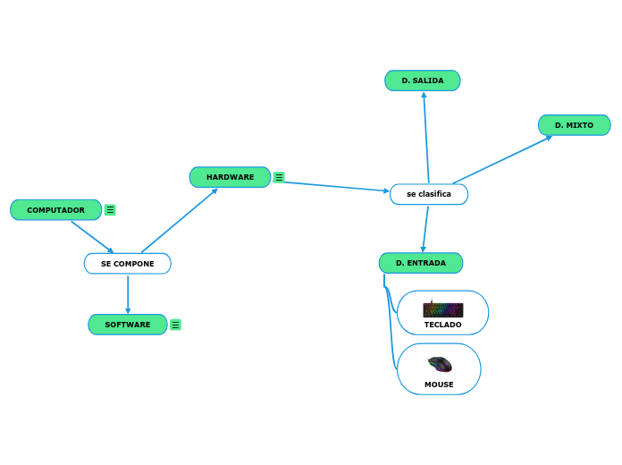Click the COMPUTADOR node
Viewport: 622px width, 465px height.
(x=55, y=210)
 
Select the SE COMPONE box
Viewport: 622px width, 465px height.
(x=127, y=264)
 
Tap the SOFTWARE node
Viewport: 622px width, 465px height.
(x=127, y=325)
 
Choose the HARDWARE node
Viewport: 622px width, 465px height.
(x=230, y=177)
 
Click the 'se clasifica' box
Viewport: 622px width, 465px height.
(x=428, y=194)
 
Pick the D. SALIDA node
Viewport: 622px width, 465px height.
(x=422, y=80)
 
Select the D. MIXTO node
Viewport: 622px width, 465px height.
(x=574, y=125)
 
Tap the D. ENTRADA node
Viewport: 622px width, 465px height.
(x=420, y=263)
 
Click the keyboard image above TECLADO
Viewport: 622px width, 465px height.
(x=442, y=309)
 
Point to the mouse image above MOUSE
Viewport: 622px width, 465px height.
(x=439, y=364)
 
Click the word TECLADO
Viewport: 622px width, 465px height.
(x=442, y=325)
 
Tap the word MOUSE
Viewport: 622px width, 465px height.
(x=439, y=385)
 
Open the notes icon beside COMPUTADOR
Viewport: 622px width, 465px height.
(x=110, y=210)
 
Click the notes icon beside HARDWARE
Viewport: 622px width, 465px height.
(x=279, y=177)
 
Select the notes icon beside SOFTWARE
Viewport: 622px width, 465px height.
(x=175, y=325)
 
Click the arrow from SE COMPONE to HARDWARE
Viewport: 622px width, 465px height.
(x=179, y=221)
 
